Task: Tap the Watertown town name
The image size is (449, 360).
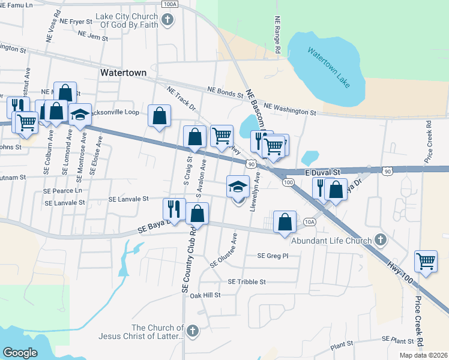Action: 123,72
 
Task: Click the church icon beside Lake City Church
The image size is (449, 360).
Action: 168,20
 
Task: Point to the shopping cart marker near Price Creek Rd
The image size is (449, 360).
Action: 426,261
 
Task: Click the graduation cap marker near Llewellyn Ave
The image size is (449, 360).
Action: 238,186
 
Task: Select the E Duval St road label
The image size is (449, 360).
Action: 322,172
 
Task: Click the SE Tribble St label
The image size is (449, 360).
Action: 247,281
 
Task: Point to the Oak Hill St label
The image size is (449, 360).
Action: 205,295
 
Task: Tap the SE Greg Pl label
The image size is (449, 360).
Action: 273,256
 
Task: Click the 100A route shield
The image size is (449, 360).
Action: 170,4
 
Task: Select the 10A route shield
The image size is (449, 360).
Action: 309,221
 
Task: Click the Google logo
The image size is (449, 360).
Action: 20,352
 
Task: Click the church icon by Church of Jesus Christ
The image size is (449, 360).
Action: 192,331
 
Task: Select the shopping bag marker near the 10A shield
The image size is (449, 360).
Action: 285,223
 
